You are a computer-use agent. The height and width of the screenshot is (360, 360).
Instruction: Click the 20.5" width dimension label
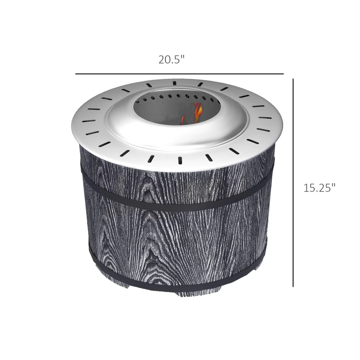pyautogui.click(x=171, y=60)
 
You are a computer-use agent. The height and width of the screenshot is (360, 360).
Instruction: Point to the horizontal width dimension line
pyautogui.click(x=179, y=74)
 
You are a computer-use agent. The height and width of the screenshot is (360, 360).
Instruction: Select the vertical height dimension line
pyautogui.click(x=293, y=183)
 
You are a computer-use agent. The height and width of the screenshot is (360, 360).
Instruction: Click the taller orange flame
pyautogui.click(x=198, y=112)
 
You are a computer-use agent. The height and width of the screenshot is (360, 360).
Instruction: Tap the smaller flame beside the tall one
pyautogui.click(x=183, y=120)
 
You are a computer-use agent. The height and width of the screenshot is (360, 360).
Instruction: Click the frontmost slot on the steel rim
pyautogui.click(x=179, y=160)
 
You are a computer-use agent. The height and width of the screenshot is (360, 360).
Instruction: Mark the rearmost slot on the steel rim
pyautogui.click(x=174, y=83)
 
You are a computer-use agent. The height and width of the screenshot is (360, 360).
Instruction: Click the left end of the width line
pyautogui.click(x=76, y=74)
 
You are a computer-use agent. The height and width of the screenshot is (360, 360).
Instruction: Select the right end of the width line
pyautogui.click(x=283, y=74)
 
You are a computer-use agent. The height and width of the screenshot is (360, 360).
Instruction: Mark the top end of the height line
pyautogui.click(x=293, y=79)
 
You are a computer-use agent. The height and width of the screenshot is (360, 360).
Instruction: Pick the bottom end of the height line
pyautogui.click(x=293, y=286)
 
